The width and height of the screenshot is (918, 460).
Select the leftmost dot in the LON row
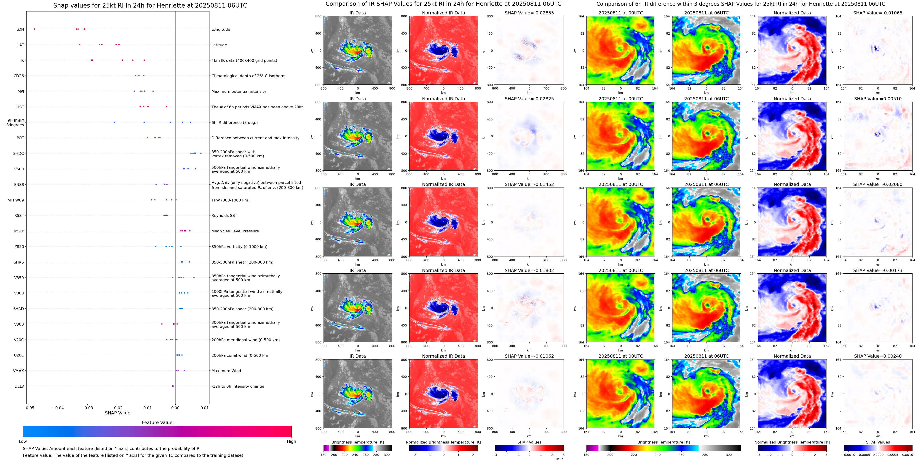click(35, 29)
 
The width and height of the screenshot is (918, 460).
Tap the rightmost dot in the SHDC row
click(201, 153)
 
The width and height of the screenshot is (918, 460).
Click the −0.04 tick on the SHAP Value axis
click(59, 408)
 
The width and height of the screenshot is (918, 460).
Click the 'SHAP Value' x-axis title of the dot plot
click(117, 413)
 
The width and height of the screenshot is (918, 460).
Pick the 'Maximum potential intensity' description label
click(238, 91)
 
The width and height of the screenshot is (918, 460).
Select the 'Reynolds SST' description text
click(224, 215)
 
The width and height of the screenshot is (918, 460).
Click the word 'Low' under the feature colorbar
click(23, 441)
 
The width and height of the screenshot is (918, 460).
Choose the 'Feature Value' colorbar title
click(157, 422)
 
